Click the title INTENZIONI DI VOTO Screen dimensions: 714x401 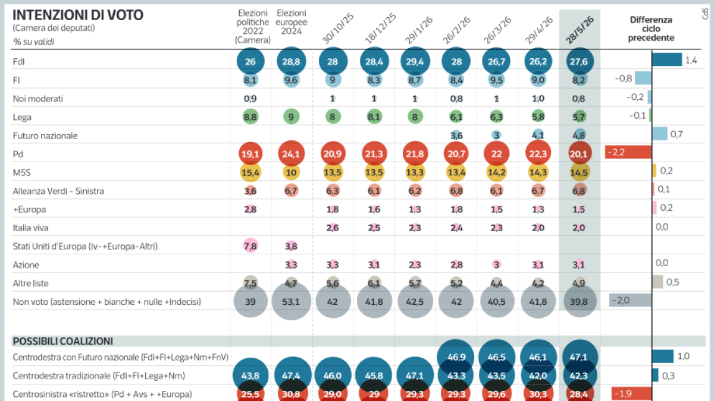(78, 15)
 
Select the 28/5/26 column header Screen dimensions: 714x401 (580, 30)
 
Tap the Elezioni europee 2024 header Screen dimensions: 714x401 (292, 22)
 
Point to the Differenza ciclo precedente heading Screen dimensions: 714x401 (651, 29)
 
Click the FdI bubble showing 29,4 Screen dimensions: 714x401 (415, 61)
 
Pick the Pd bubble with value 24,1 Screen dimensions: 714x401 (291, 154)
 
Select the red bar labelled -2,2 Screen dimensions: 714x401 (628, 152)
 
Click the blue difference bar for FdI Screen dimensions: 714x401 (667, 59)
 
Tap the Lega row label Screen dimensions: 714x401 (22, 117)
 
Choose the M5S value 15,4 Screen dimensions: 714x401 (250, 172)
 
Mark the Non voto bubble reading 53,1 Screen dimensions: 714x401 (291, 301)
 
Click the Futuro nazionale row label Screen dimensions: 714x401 (45, 135)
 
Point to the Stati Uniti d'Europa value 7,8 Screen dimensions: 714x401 (250, 246)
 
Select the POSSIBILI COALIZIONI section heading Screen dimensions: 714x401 (63, 341)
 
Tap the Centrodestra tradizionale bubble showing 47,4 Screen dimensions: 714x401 (291, 375)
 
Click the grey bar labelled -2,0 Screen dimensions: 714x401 (630, 300)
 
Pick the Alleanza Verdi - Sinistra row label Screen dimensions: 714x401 (58, 191)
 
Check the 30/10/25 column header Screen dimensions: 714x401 (337, 28)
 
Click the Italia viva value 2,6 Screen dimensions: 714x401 (332, 228)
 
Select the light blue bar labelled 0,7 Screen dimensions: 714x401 (660, 134)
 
